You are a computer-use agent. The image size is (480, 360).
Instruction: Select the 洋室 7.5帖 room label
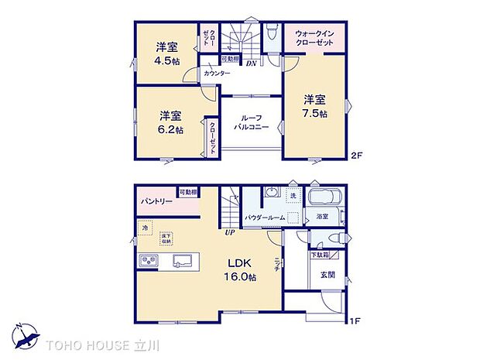(x=314, y=106)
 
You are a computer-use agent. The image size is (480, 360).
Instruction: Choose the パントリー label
(x=157, y=202)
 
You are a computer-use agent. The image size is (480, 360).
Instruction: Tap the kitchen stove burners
(x=149, y=259)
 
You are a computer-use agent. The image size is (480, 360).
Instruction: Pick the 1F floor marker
(x=355, y=321)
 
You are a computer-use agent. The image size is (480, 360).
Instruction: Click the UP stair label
(x=229, y=232)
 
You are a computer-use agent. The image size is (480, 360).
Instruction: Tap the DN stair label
(x=252, y=63)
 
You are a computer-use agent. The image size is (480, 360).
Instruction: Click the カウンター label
(x=217, y=73)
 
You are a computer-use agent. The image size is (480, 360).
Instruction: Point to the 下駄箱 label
(x=320, y=255)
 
